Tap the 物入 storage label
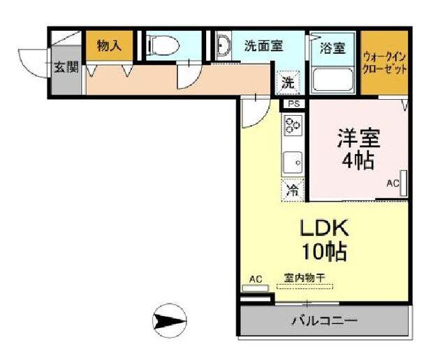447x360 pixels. [110, 47]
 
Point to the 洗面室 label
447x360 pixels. [263, 46]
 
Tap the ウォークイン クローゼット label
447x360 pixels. [384, 62]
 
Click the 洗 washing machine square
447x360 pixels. [288, 82]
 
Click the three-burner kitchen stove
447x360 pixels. [293, 126]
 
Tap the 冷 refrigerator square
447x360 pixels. [293, 189]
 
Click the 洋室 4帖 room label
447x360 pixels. [357, 149]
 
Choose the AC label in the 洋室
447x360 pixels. [393, 183]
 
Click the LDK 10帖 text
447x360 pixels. [324, 239]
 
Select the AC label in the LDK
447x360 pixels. [256, 280]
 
